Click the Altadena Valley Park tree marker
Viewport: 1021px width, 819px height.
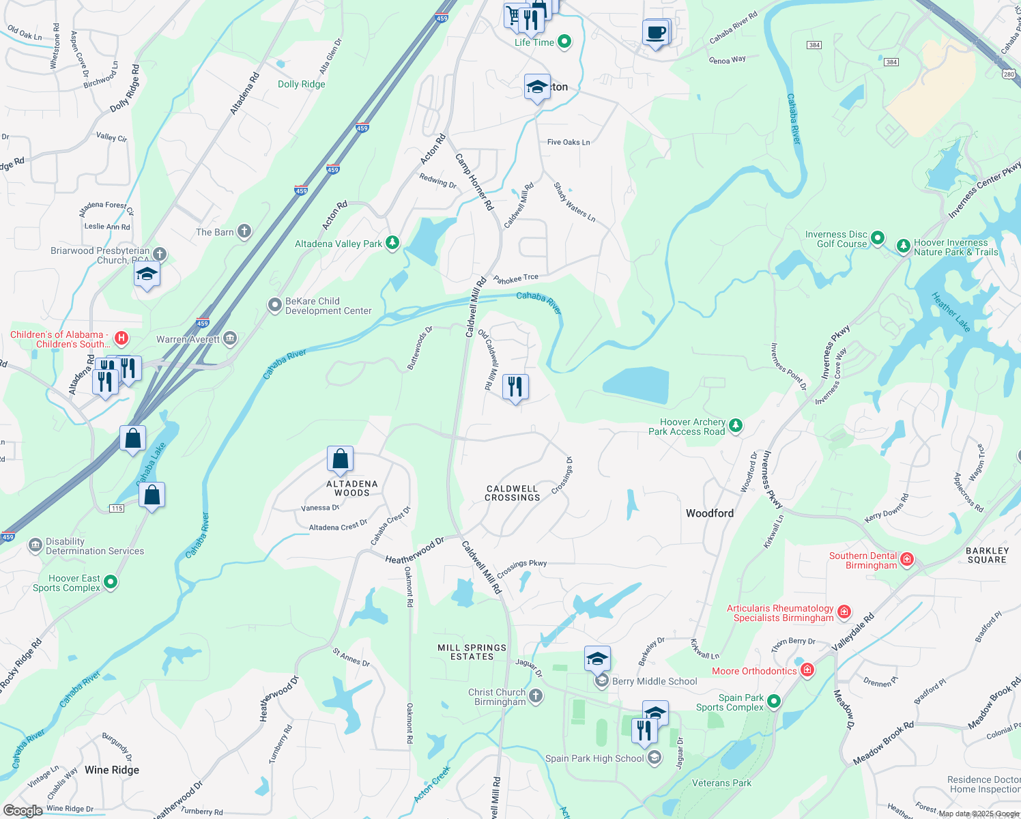[x=392, y=243]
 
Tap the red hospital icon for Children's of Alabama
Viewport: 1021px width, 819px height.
[x=121, y=338]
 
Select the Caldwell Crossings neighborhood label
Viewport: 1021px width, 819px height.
[x=512, y=493]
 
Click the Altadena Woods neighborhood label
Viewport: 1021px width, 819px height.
[x=352, y=488]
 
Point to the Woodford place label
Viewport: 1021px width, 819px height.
[x=710, y=513]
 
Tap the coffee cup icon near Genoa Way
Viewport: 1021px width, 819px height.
[x=655, y=33]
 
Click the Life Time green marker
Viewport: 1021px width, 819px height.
[x=564, y=42]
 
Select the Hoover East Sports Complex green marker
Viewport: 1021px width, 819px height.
[x=111, y=582]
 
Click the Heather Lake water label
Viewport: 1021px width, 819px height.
[x=951, y=312]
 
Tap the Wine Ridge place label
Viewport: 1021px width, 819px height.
[x=112, y=770]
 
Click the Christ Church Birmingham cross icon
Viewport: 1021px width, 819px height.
[x=536, y=696]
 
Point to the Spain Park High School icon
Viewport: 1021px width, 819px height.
[x=654, y=758]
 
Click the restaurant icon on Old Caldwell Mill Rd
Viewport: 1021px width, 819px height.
[x=515, y=387]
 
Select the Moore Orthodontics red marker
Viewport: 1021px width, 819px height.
[x=807, y=670]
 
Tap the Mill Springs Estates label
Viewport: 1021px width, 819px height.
[x=472, y=652]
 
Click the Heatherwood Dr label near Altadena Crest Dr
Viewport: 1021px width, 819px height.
[x=414, y=549]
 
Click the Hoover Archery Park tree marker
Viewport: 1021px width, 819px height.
[x=735, y=426]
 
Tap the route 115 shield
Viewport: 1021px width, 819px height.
[x=117, y=508]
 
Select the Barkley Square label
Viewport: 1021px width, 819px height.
[x=987, y=555]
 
